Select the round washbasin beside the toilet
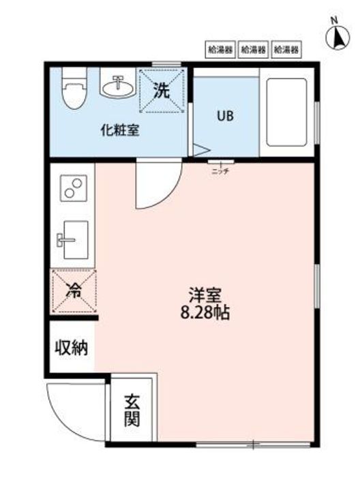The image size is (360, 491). point(118,86)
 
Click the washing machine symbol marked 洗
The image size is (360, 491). point(162,90)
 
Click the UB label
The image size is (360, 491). point(225,116)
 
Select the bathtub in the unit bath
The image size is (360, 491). point(286,113)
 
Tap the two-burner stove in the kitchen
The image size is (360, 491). point(73,188)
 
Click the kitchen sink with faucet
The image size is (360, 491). point(72,240)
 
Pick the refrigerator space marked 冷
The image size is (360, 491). point(74,291)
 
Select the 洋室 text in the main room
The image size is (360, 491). point(205,297)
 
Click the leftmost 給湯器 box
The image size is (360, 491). point(220,49)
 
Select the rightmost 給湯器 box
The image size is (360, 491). point(286,49)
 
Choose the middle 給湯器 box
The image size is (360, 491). point(253,49)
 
